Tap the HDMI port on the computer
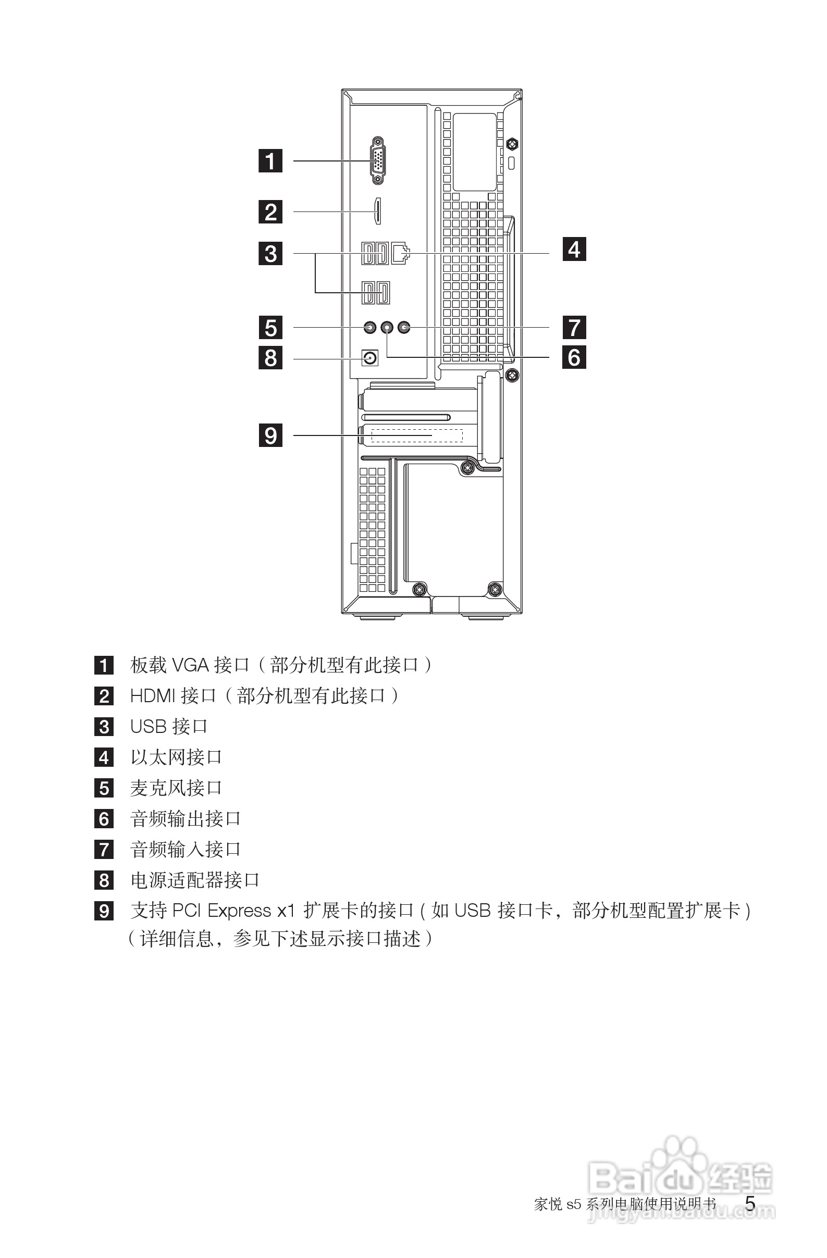pos(377,211)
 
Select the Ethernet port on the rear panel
pos(400,254)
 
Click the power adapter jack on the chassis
pos(369,359)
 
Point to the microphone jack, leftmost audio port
pos(369,328)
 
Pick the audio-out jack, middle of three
pos(387,328)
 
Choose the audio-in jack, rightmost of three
pos(404,328)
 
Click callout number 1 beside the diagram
pos(270,160)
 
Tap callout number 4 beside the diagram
pos(574,249)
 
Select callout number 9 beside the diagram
pos(270,435)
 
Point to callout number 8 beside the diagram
pos(270,357)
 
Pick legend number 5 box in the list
pos(104,788)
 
